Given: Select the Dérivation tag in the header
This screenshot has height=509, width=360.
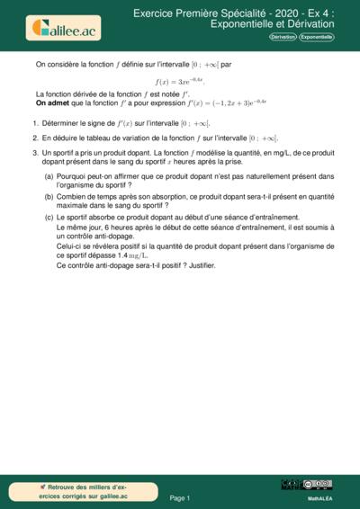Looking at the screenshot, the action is tap(283, 37).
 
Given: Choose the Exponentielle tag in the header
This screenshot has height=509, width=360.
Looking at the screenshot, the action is tap(316, 37).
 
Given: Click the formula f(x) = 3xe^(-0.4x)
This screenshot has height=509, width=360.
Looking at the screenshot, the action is tap(186, 80).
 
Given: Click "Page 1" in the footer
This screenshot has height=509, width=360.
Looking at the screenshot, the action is tap(180, 497).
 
